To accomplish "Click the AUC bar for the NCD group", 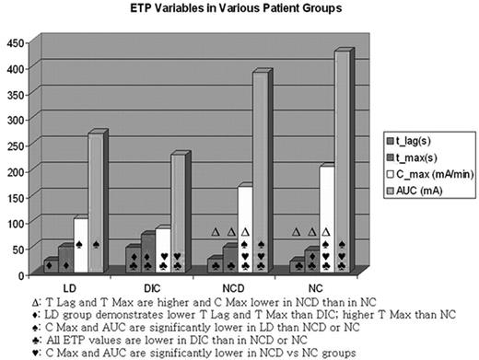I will tap(261, 175).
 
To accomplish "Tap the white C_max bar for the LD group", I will tap(81, 245).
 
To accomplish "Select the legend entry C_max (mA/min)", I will tap(431, 176).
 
